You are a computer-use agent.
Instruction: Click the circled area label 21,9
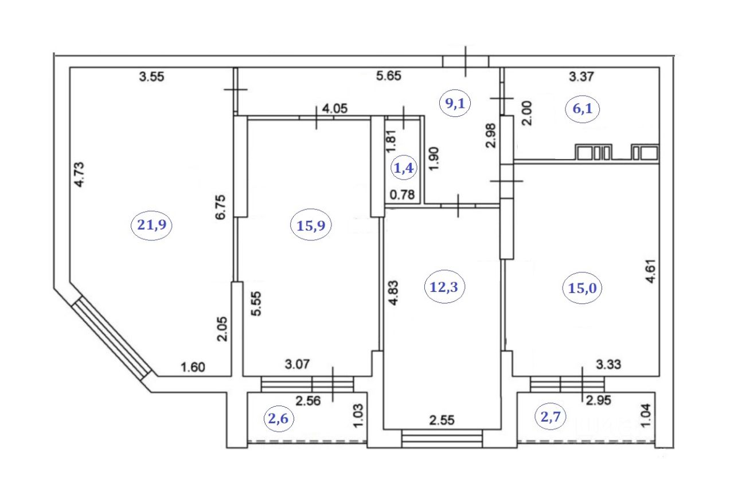(152, 225)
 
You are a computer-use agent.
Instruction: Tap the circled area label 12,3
(444, 287)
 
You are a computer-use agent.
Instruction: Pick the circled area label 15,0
(583, 289)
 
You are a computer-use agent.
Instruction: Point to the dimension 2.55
(442, 420)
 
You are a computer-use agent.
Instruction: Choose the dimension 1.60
(193, 367)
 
